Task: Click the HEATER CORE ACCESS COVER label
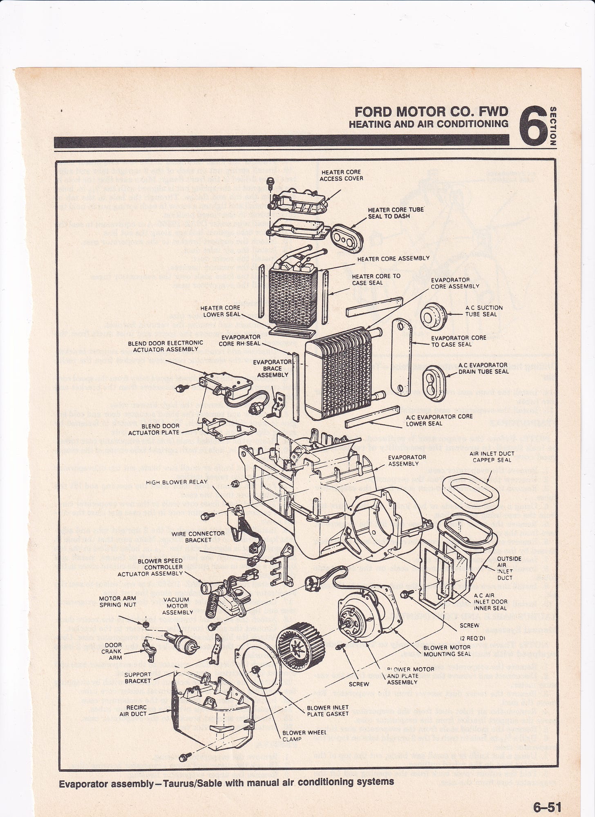tap(341, 175)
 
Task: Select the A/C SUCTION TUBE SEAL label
tap(484, 311)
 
